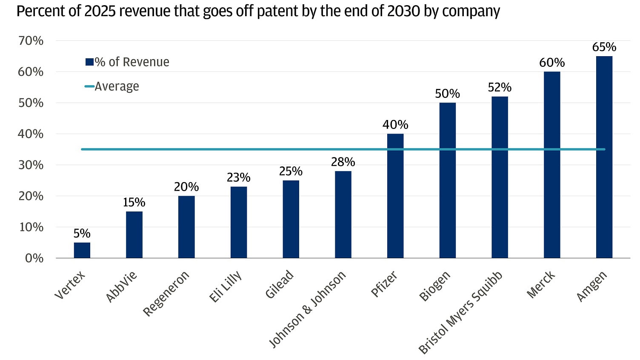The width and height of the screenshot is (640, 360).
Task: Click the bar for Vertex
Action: click(x=82, y=250)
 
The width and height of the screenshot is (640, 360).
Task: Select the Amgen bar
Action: click(x=604, y=157)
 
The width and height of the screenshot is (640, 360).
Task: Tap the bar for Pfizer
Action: click(x=395, y=196)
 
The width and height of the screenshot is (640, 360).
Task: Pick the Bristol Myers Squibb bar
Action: click(x=500, y=177)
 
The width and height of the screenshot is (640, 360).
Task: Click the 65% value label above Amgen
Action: click(x=604, y=47)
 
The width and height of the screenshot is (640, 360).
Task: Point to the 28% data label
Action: click(x=343, y=162)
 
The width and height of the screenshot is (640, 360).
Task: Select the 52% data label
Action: click(x=500, y=87)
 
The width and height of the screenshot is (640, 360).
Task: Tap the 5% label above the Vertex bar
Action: click(x=82, y=234)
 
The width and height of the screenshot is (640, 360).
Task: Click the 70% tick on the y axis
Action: click(x=31, y=41)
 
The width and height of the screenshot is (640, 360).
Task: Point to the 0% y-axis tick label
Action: click(x=34, y=258)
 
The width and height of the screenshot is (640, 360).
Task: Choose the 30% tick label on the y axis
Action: click(x=31, y=165)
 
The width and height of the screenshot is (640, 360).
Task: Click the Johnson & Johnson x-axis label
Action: click(x=308, y=309)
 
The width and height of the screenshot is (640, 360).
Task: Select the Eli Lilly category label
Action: click(x=226, y=287)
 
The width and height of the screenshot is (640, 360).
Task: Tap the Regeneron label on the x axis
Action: click(x=166, y=294)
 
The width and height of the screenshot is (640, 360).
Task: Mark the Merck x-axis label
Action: click(x=541, y=284)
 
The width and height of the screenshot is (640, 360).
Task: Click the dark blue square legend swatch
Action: click(x=89, y=62)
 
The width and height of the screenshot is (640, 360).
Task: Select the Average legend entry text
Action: click(x=117, y=86)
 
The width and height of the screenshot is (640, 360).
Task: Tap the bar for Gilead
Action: click(x=291, y=219)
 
